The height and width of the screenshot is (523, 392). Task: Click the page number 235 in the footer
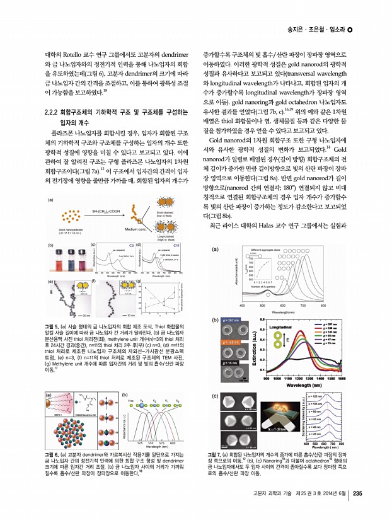(357, 510)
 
